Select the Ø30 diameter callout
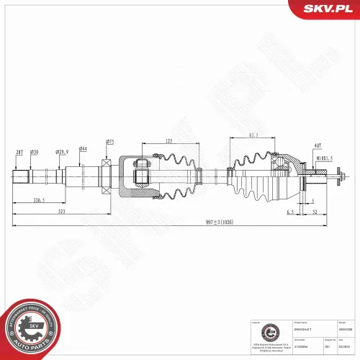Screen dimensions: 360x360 coord(34,152)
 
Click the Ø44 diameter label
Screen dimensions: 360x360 coord(84,148)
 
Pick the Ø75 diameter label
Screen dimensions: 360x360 coord(110,141)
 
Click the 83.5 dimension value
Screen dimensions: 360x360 coord(254,134)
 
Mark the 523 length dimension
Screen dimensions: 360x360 coord(63,212)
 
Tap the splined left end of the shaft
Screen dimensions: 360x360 coord(21,176)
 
